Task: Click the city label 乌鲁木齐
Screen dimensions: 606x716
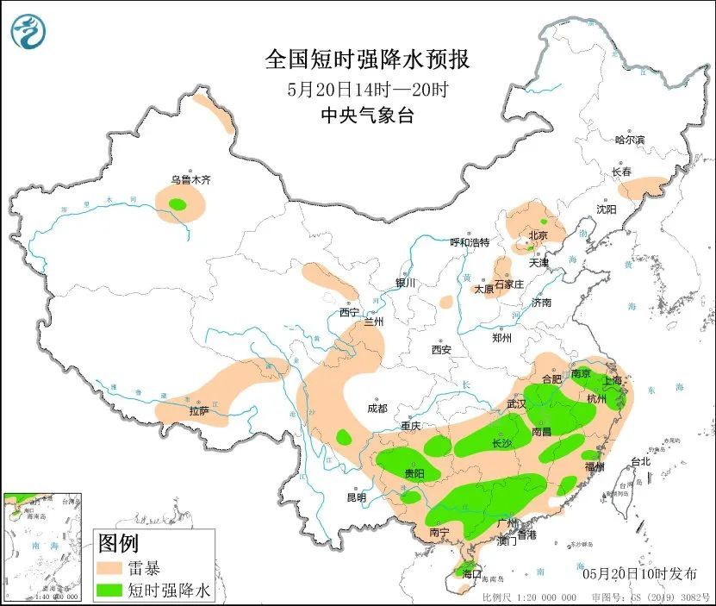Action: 190,180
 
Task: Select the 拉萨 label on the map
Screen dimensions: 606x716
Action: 198,411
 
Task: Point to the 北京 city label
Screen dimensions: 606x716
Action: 539,234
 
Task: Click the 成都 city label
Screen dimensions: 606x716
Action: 377,408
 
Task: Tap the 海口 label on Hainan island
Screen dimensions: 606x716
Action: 470,573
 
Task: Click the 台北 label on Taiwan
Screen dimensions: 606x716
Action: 640,461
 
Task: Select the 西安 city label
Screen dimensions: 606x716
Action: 442,350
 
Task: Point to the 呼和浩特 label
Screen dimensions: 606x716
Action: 470,242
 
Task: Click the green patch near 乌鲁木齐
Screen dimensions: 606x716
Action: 177,204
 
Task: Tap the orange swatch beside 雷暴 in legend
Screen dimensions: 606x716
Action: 109,568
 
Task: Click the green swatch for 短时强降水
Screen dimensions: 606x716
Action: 109,590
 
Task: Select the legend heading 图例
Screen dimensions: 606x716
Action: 118,543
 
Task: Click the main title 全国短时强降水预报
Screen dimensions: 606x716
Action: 367,59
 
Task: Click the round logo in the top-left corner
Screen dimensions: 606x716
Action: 28,32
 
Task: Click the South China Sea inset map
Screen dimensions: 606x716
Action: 43,547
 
